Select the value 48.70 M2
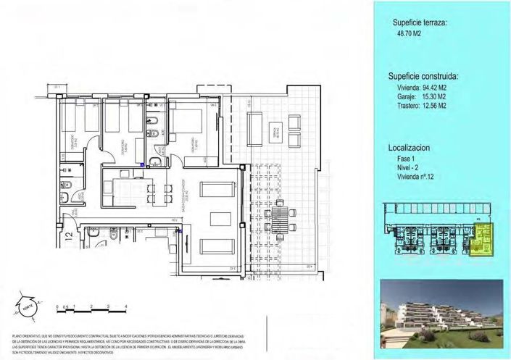click(407, 33)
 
